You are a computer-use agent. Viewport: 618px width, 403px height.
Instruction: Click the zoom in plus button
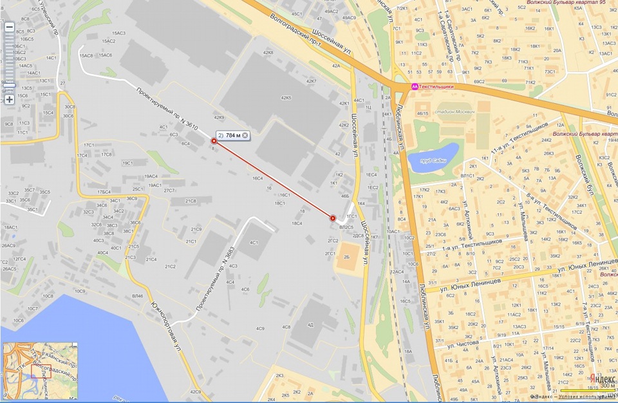tap(9, 100)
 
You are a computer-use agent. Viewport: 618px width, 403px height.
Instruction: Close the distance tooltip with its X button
tap(245, 136)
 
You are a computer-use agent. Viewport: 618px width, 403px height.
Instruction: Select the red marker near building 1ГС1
tap(333, 218)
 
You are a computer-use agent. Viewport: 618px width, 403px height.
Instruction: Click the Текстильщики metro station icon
tap(415, 86)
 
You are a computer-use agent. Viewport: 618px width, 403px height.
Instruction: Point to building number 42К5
tap(286, 98)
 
